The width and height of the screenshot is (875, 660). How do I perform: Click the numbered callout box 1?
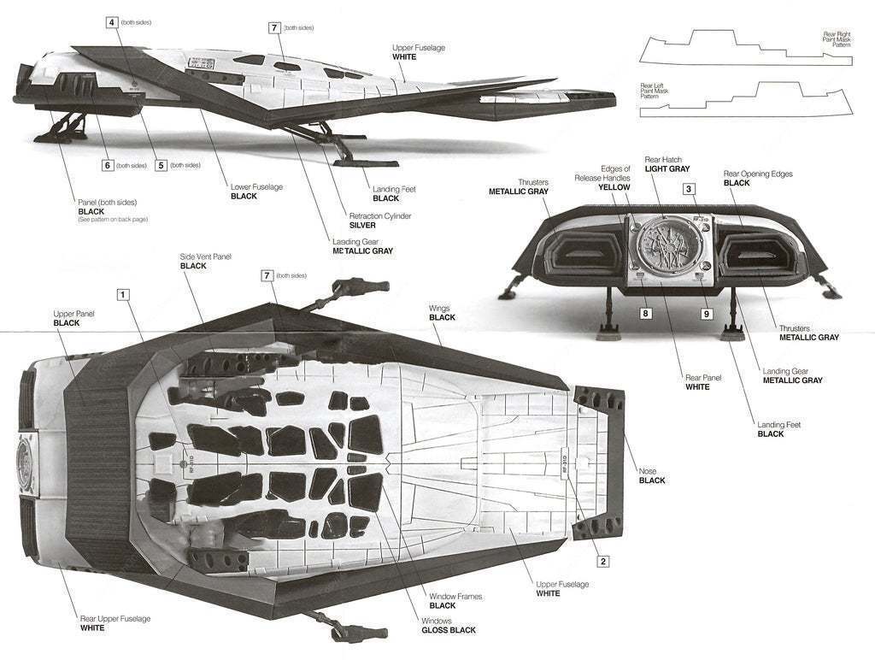tap(124, 294)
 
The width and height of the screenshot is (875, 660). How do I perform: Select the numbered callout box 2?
tap(602, 561)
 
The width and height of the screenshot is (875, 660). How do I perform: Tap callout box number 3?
tap(689, 189)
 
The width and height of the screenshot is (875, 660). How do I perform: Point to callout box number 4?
tap(113, 21)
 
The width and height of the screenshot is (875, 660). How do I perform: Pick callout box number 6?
tap(108, 165)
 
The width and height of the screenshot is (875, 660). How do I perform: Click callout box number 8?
tap(646, 313)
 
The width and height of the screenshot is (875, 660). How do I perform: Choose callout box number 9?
tap(707, 313)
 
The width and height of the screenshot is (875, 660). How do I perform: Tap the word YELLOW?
tap(614, 186)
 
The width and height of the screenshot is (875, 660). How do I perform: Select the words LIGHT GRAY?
tap(667, 170)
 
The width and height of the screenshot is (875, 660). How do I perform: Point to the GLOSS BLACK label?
tap(448, 630)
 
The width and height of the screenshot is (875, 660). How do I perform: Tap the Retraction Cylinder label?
tap(380, 216)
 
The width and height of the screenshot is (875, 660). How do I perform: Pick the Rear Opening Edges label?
tap(758, 174)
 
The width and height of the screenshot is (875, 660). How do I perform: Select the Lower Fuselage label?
tap(256, 186)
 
